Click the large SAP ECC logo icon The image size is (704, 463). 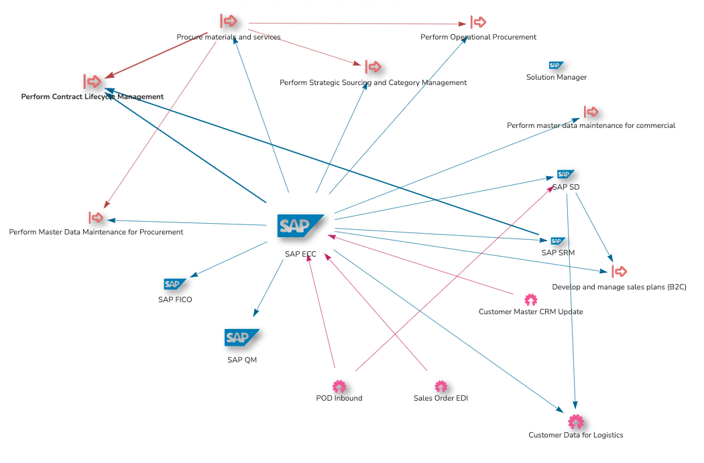point(300,226)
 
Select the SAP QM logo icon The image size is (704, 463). point(241,338)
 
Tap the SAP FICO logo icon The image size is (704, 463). point(175,284)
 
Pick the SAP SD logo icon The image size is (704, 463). point(565,174)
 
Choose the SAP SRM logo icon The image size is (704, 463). point(558,241)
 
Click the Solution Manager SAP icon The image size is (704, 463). point(556,65)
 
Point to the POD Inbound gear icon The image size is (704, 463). point(339,387)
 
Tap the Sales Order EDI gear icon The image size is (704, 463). point(441,387)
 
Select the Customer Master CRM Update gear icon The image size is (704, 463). point(530,300)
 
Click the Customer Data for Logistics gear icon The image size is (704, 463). point(575,421)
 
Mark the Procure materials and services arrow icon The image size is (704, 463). point(228,21)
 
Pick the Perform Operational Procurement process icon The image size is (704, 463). point(478,22)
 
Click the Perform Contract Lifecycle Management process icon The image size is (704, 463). point(93,81)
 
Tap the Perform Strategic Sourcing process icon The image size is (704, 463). point(373,67)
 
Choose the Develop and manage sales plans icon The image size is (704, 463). point(619,271)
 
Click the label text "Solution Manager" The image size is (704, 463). point(556,78)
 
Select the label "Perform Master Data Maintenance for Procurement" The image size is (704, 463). point(96,233)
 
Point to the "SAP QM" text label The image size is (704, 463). point(241,360)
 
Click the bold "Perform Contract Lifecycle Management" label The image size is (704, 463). point(92,97)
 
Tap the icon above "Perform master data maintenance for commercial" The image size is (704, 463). point(591,111)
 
